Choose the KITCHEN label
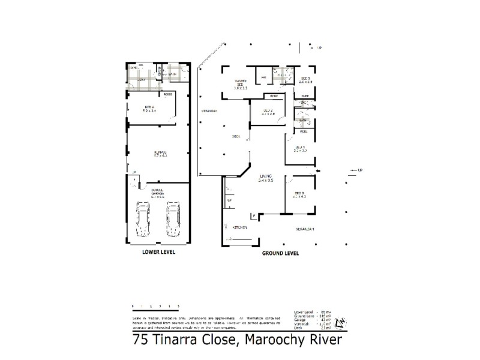click(x=239, y=229)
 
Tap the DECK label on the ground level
click(x=236, y=137)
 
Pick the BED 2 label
click(x=268, y=112)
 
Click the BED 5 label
click(x=305, y=80)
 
